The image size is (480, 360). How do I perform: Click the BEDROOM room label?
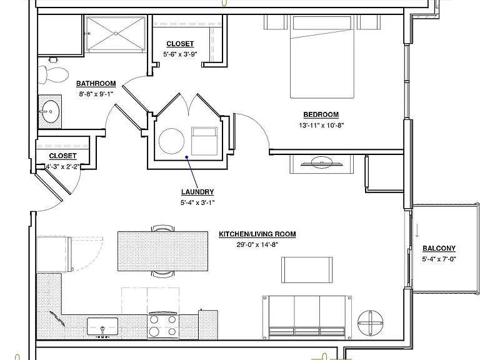click(x=321, y=114)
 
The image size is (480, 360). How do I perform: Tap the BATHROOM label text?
click(x=96, y=83)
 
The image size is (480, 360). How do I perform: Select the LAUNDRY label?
click(x=197, y=192)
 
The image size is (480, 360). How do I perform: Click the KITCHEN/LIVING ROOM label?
click(x=257, y=234)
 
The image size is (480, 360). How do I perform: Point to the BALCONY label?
click(x=439, y=248)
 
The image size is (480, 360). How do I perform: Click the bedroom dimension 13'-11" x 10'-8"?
click(x=321, y=125)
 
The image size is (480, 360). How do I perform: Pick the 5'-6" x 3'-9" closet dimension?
click(x=180, y=54)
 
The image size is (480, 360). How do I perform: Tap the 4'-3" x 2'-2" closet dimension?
click(x=62, y=166)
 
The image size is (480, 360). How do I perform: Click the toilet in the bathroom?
click(x=53, y=74)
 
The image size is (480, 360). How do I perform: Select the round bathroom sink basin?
click(x=50, y=111)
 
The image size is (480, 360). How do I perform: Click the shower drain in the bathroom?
click(x=116, y=34)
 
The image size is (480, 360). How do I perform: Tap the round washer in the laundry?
click(x=171, y=141)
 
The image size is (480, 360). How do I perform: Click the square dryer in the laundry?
click(x=204, y=141)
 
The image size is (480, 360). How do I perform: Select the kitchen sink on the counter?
click(x=102, y=326)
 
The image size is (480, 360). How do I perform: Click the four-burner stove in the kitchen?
click(x=163, y=326)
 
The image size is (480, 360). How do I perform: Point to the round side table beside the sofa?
click(x=371, y=322)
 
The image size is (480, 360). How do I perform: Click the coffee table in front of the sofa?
click(x=307, y=270)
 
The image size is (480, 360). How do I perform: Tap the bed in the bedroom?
click(x=322, y=57)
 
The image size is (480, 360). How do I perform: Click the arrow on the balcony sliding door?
click(x=417, y=231)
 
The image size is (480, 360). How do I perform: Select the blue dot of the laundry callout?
click(x=186, y=157)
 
